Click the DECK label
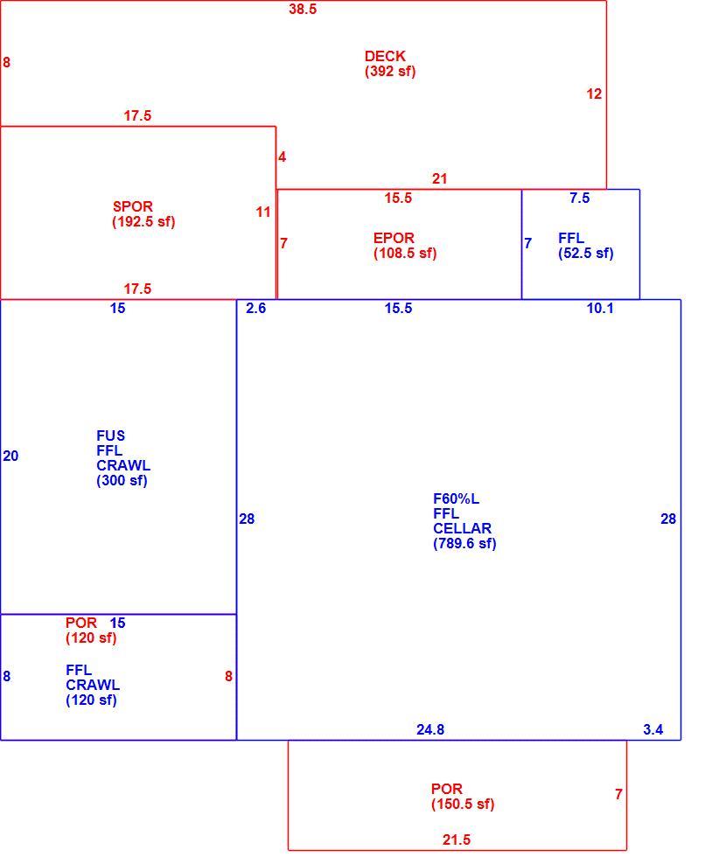tap(385, 56)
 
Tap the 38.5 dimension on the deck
tap(303, 9)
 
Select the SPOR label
tap(133, 206)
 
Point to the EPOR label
tap(394, 238)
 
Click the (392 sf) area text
tap(390, 71)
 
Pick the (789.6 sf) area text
tap(464, 543)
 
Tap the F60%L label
tap(456, 498)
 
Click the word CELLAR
tap(462, 528)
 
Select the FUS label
tap(110, 435)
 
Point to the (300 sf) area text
tap(122, 480)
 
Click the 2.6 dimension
tap(256, 308)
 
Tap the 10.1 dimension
tap(600, 308)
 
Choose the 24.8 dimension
tap(430, 729)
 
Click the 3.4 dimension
tap(653, 729)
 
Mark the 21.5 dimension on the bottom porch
tap(457, 840)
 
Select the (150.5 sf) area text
tap(463, 804)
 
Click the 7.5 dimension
tap(580, 198)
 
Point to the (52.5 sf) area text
tap(585, 253)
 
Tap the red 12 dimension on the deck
tap(594, 94)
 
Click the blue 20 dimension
tap(10, 456)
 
